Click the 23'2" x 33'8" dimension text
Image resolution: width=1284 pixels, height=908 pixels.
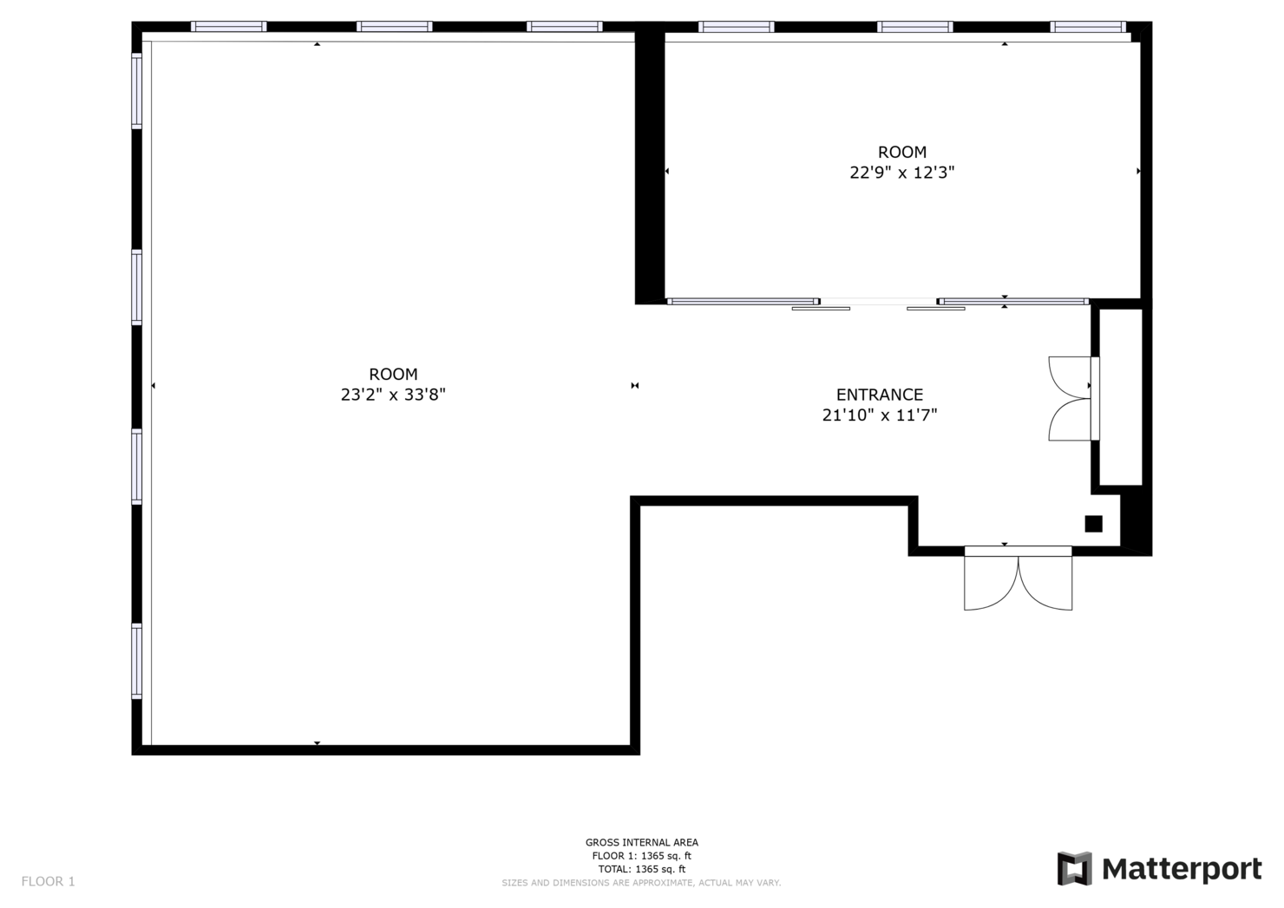click(393, 395)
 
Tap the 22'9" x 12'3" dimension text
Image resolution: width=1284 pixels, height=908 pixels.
click(901, 173)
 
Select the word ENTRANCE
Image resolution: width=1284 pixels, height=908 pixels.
click(880, 395)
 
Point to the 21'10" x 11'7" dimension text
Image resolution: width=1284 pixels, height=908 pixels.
click(880, 415)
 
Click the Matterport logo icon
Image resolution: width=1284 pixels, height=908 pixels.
click(1074, 868)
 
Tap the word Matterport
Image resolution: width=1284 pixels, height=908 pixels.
click(1182, 870)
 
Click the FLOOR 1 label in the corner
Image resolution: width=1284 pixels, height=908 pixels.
click(49, 881)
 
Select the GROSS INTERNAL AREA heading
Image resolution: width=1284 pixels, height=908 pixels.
click(641, 842)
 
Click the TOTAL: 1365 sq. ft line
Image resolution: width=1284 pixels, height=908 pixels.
click(641, 869)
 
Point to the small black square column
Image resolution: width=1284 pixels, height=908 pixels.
click(1093, 524)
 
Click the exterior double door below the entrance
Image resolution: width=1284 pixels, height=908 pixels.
click(1018, 578)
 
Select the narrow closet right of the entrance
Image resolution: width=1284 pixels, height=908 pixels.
click(1121, 397)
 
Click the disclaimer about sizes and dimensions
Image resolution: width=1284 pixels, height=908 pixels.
click(641, 883)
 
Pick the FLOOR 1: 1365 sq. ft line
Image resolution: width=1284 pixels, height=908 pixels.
click(641, 856)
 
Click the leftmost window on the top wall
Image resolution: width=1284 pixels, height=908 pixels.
click(229, 26)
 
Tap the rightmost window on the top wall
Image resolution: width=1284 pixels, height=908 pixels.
click(1088, 26)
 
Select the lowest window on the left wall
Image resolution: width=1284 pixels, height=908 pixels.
click(136, 661)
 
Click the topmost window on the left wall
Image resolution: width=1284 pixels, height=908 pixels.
click(136, 91)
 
